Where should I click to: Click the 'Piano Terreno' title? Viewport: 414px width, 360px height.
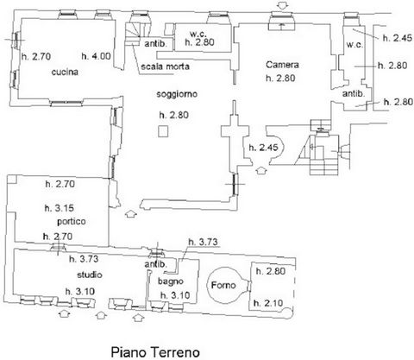(x=155, y=352)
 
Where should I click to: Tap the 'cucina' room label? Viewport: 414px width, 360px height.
(x=65, y=72)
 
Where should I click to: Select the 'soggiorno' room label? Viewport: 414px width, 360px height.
(x=177, y=94)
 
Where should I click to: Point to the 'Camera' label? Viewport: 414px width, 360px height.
(x=282, y=65)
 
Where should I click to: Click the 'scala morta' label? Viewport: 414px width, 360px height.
(x=165, y=66)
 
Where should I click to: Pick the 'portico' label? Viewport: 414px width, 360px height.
(x=72, y=221)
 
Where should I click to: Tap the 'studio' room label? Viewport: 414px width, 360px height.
(x=90, y=275)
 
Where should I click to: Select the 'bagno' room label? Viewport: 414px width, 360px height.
(x=171, y=281)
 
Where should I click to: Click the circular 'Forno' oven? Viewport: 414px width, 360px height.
(x=226, y=285)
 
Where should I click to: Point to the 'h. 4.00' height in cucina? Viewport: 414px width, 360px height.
(x=96, y=56)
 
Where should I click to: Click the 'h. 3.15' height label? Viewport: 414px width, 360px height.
(x=60, y=208)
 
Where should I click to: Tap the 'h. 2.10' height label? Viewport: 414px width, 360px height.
(x=268, y=303)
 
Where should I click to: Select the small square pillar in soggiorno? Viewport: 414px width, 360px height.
(x=163, y=131)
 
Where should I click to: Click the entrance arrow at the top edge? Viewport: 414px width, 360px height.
(x=283, y=6)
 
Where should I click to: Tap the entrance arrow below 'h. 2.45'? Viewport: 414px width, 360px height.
(x=261, y=170)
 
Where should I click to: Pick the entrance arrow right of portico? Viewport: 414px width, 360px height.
(x=131, y=214)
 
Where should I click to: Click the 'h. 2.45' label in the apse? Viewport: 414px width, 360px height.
(x=264, y=148)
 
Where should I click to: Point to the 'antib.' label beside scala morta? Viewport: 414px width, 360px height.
(x=155, y=44)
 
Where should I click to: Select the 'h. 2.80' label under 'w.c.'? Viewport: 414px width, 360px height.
(x=199, y=42)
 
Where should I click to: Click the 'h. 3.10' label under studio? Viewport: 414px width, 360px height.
(x=80, y=292)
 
